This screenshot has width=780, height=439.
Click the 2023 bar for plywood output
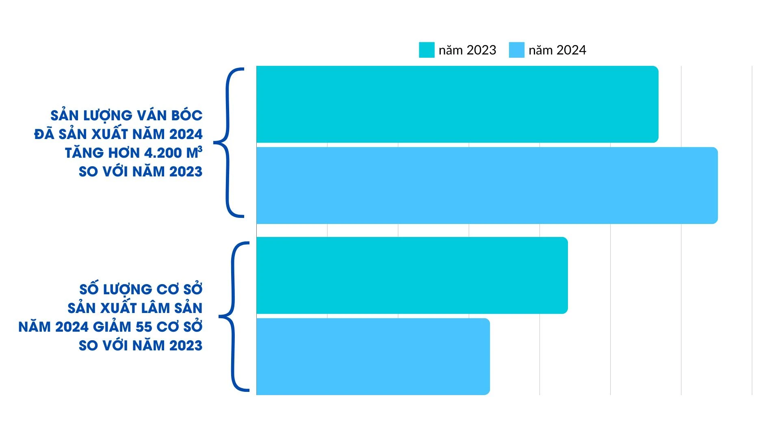click(457, 104)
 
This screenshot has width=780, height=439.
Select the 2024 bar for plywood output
click(487, 185)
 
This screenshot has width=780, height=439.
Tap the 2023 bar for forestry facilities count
click(412, 275)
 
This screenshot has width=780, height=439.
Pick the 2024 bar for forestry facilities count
click(373, 356)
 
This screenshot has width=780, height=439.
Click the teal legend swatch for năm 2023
click(427, 50)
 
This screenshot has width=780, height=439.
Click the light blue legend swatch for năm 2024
click(516, 50)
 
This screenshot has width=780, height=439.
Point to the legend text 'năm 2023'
click(468, 50)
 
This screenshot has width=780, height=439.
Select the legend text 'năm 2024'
click(557, 50)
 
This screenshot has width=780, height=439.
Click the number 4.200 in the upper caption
click(163, 153)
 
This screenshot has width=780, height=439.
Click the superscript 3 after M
click(200, 150)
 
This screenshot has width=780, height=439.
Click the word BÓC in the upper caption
click(186, 116)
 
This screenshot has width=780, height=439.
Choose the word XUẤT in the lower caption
click(115, 309)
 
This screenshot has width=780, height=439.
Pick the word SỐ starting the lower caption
click(89, 290)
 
